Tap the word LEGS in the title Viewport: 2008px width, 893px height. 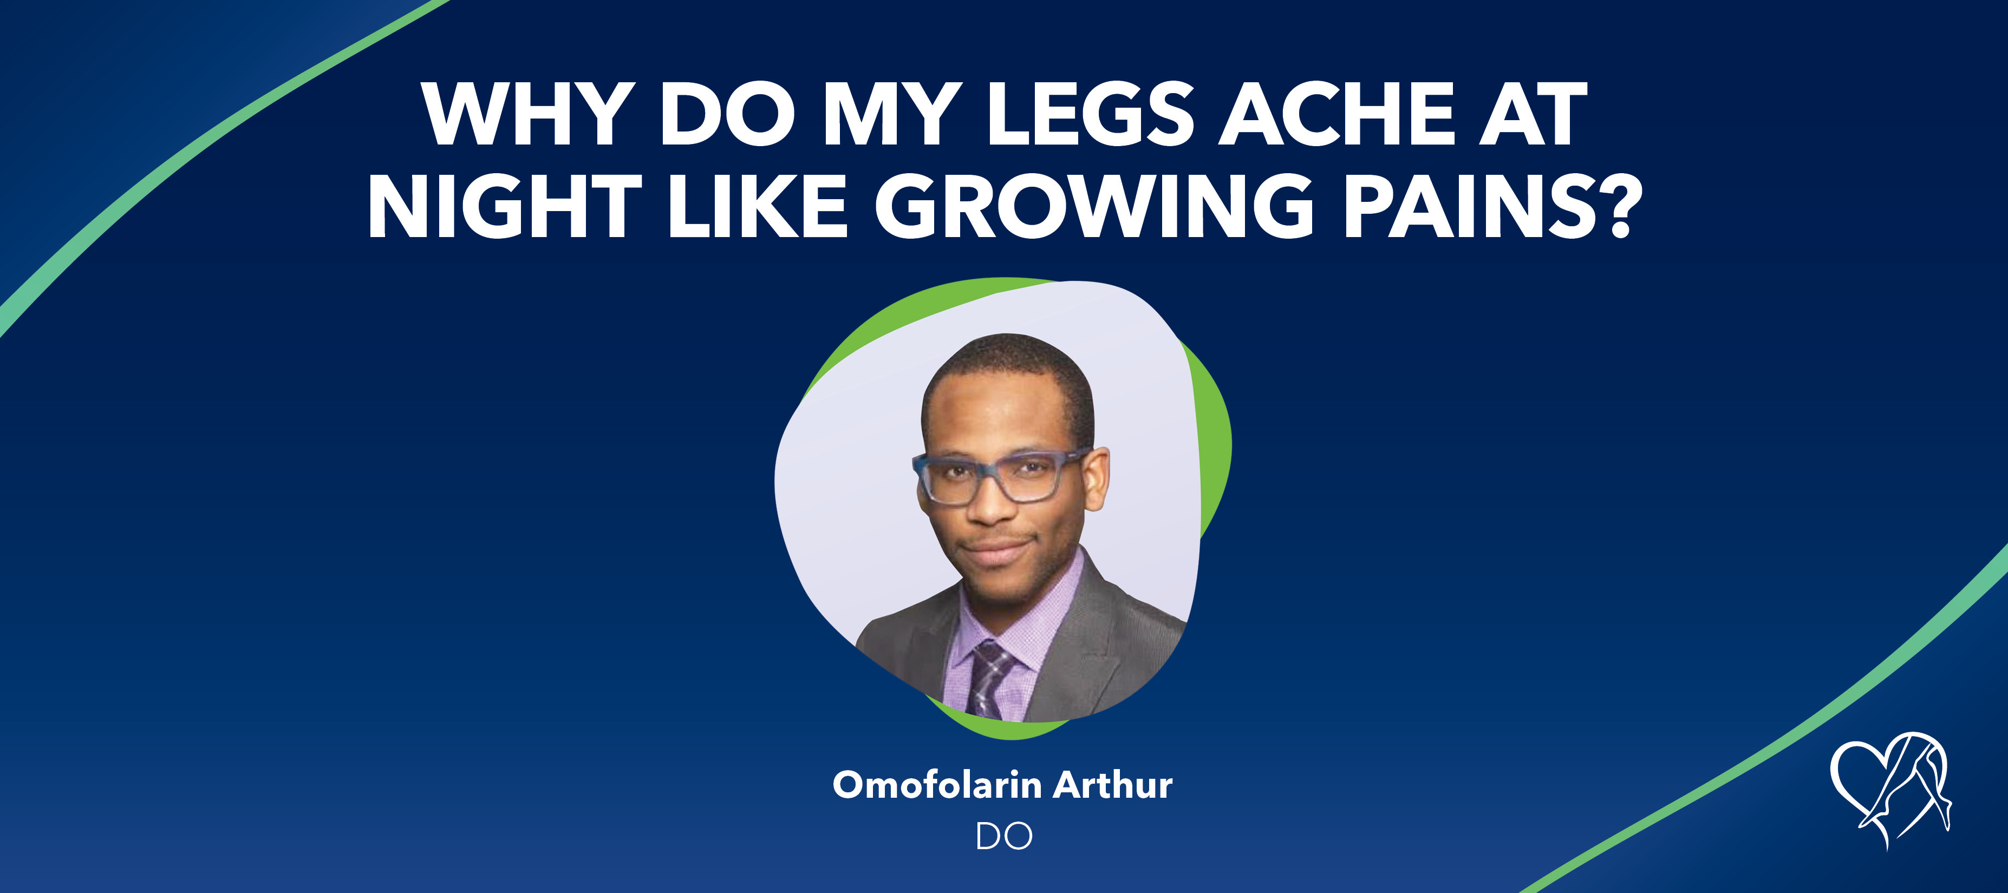(1091, 115)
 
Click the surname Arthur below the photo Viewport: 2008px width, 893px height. (1113, 785)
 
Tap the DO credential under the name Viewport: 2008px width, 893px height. (1004, 837)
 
